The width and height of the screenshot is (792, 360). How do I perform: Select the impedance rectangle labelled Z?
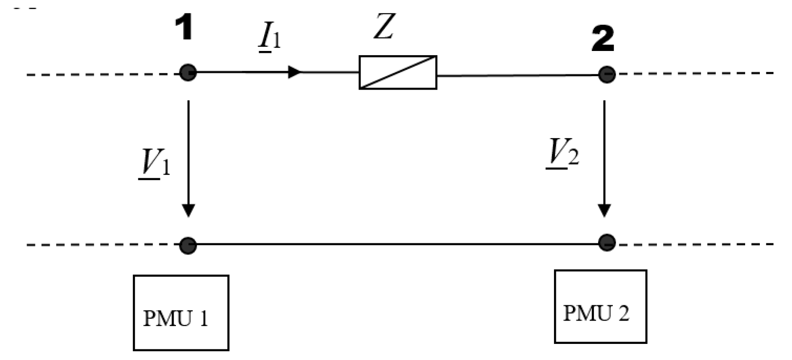398,73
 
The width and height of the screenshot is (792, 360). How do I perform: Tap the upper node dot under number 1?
188,73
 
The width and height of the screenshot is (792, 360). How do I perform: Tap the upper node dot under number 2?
607,74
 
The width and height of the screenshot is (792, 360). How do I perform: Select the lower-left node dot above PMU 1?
188,245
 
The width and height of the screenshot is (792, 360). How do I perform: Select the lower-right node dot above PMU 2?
607,242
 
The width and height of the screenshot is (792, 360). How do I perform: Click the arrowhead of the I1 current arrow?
294,72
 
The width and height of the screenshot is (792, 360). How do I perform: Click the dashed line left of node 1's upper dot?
101,74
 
